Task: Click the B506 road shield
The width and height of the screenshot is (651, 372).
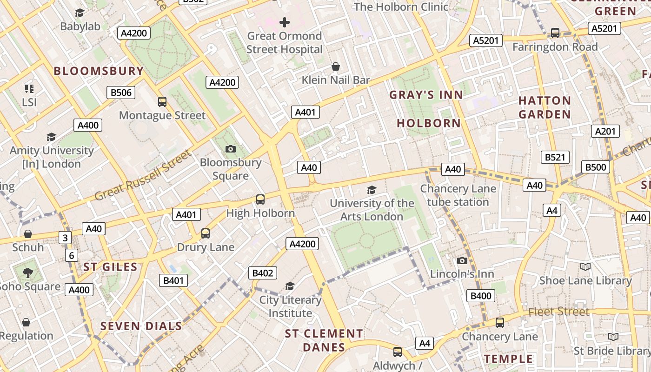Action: point(121,93)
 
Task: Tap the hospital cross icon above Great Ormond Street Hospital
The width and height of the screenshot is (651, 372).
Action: point(284,22)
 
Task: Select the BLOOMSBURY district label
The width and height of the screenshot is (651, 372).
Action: point(99,71)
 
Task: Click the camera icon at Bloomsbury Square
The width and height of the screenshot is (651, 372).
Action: point(230,149)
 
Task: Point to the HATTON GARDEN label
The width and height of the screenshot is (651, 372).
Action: point(545,107)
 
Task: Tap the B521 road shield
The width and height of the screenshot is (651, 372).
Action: point(555,157)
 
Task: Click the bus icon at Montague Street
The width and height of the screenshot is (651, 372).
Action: point(162,101)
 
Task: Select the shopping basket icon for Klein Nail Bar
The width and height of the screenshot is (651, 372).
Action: point(335,66)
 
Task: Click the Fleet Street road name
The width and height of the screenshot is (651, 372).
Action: point(559,312)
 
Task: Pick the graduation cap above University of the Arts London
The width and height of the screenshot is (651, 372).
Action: point(371,189)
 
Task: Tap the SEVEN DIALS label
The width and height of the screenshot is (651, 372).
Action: point(141,326)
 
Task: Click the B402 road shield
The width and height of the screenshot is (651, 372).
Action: point(263,273)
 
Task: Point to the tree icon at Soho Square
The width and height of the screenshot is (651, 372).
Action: point(27,273)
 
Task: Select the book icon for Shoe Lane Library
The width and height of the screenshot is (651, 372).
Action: point(585,266)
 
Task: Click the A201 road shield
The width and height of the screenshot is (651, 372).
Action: point(605,132)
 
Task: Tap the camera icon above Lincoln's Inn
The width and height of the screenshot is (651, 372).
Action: point(462,260)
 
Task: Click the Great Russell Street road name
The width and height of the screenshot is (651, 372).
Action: point(143,175)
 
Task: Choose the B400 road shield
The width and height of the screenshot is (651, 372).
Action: point(481,296)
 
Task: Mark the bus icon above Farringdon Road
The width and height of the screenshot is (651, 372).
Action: point(555,33)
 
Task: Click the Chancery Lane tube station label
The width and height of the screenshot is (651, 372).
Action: point(458,195)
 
